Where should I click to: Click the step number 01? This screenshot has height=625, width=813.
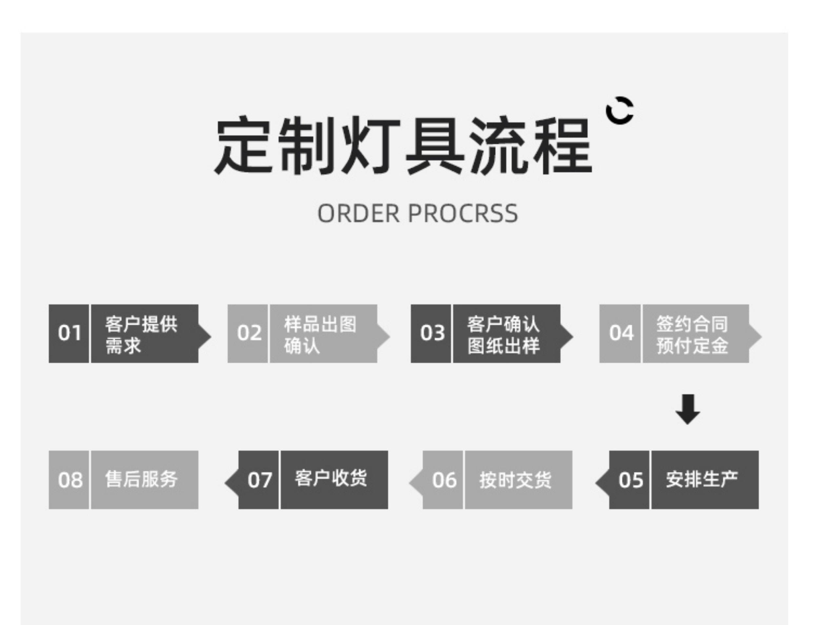point(69,333)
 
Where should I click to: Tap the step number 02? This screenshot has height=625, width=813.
point(249,333)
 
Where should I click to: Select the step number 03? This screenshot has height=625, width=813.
point(432,333)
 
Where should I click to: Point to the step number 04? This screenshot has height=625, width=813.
point(621,333)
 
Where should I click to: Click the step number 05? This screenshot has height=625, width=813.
point(631,480)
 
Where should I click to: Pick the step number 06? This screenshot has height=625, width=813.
point(444,480)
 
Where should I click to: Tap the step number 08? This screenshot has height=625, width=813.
point(70,480)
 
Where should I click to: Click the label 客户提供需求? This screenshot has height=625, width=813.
point(141,334)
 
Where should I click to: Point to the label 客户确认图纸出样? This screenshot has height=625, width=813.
point(503,334)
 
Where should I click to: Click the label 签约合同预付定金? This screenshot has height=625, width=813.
point(692,334)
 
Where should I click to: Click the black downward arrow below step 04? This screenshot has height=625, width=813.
point(687,409)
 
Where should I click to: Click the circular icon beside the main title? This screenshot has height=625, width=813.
point(620,110)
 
